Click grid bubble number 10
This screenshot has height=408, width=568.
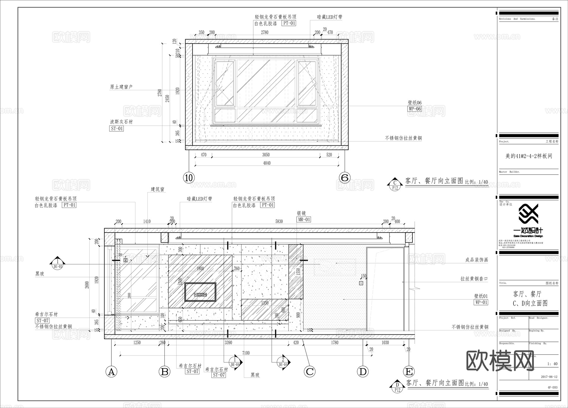coord(189,178)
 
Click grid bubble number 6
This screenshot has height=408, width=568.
coord(345,178)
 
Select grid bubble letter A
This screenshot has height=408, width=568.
coord(111,372)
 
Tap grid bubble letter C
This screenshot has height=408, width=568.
coord(310,372)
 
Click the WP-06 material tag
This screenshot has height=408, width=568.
coord(415,109)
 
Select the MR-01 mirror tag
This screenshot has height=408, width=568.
coord(304,219)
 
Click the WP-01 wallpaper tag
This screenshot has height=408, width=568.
coord(481,302)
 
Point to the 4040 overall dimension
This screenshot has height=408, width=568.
coord(267,163)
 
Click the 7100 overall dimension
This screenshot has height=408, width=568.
coord(246,353)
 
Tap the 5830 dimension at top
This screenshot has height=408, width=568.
coord(279,222)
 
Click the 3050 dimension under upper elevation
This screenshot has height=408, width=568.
coord(266,155)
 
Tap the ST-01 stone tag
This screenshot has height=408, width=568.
coord(116,128)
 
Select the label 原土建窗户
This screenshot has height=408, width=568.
coord(121,87)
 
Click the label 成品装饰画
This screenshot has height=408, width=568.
coord(476,260)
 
